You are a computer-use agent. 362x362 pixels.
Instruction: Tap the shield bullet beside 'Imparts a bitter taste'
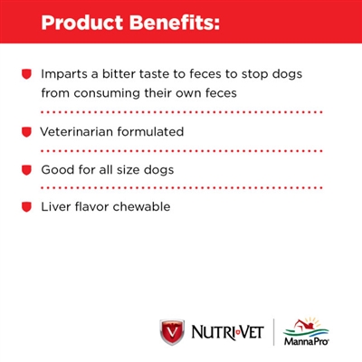pos(27,71)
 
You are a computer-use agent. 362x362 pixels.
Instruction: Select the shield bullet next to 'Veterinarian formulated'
pos(27,131)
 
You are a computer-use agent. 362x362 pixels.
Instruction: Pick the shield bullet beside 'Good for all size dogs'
pos(27,169)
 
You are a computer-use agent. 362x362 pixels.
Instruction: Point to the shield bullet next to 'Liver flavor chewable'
pos(27,207)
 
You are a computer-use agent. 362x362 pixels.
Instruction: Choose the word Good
pos(56,170)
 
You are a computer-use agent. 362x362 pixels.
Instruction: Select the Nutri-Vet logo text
pos(226,332)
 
